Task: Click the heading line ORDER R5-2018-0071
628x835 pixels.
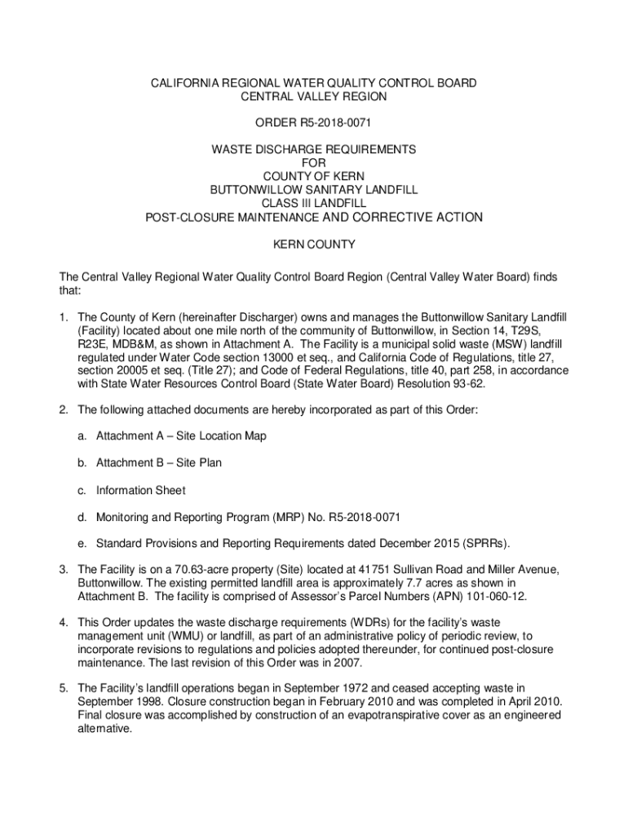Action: click(x=314, y=123)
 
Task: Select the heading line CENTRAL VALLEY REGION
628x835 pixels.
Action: click(x=314, y=96)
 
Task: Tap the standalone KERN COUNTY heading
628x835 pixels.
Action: click(x=314, y=245)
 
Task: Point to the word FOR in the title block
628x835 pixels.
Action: click(x=314, y=163)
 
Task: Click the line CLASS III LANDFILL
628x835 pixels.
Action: click(x=314, y=203)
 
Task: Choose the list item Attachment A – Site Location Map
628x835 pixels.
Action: click(x=181, y=436)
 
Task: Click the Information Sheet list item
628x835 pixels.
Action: click(x=140, y=491)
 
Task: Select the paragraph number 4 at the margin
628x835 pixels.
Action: click(x=63, y=623)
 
